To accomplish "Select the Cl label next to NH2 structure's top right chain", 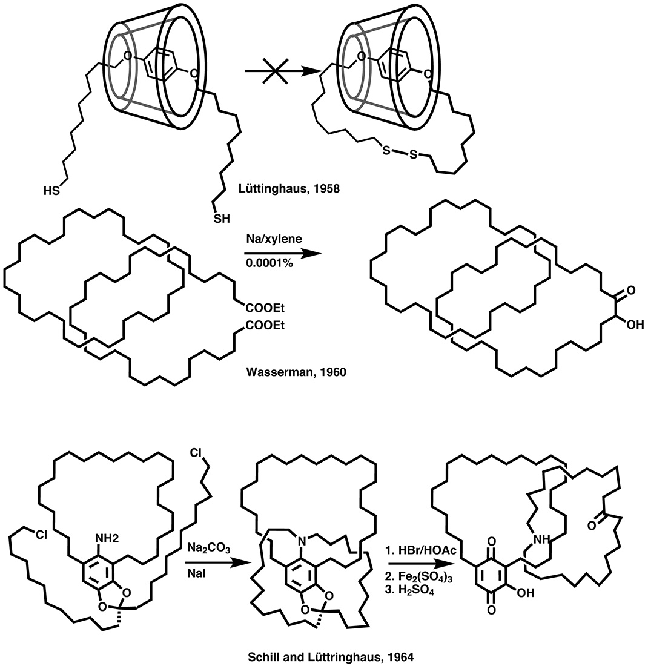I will click(196, 453).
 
